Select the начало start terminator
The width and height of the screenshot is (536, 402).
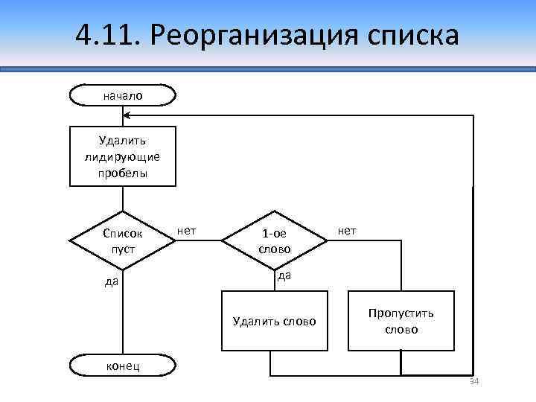tap(123, 95)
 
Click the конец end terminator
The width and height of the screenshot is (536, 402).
tap(123, 366)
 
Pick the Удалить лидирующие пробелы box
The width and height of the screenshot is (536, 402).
tap(123, 156)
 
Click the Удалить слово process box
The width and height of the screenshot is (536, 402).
tap(275, 321)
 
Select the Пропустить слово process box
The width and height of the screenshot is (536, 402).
tap(401, 321)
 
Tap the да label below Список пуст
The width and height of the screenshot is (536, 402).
tap(111, 281)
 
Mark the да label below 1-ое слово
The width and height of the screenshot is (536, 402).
tap(284, 275)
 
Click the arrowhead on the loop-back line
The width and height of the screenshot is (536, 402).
tap(127, 115)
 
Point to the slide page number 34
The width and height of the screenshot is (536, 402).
tap(473, 382)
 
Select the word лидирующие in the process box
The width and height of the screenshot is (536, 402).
tap(123, 156)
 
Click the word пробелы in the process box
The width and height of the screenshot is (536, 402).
tap(123, 173)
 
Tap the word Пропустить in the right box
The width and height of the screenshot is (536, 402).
tap(401, 313)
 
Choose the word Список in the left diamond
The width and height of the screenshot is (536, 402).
tap(123, 233)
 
